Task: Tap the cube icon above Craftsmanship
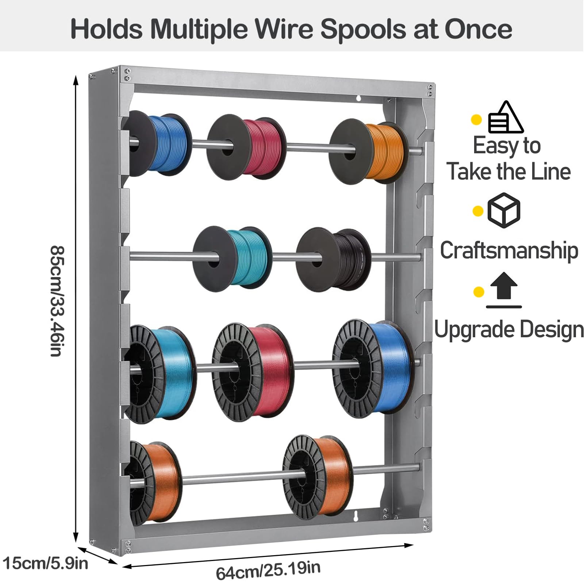504,211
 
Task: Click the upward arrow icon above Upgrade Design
504,290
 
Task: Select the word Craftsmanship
509,251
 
